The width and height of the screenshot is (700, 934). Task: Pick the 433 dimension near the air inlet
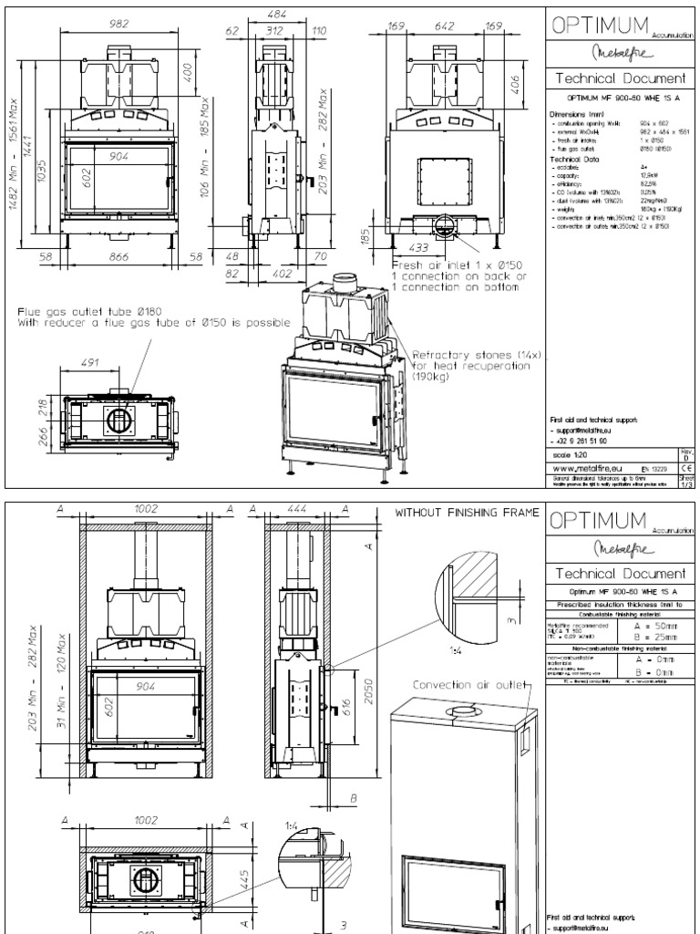pyautogui.click(x=419, y=247)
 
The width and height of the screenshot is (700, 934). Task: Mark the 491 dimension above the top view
pyautogui.click(x=89, y=362)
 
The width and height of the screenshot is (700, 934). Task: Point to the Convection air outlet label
pyautogui.click(x=458, y=683)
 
